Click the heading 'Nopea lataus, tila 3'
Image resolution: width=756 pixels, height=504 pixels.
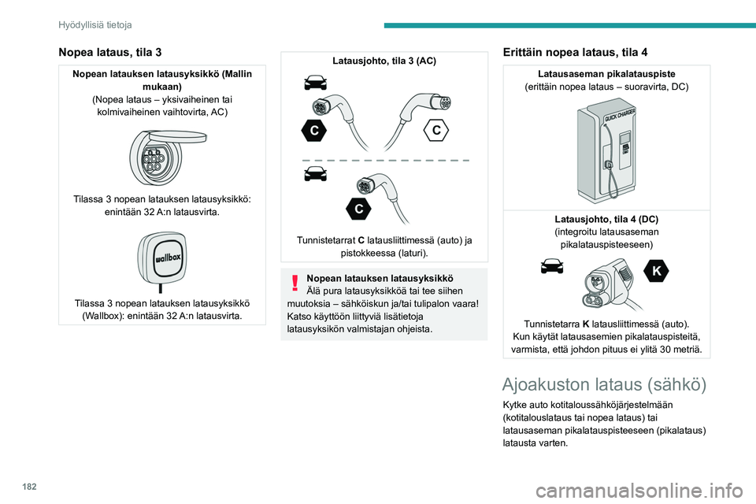coord(110,52)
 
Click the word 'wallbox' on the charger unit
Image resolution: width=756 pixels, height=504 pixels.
coord(161,257)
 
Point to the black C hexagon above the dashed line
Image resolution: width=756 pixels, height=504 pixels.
coord(313,131)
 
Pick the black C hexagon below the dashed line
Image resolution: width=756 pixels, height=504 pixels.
coord(358,209)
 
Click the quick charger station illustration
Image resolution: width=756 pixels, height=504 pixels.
coord(607,154)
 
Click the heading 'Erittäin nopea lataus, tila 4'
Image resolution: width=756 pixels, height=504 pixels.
coord(575,52)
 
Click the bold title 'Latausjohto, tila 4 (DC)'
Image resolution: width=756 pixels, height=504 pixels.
coord(606,218)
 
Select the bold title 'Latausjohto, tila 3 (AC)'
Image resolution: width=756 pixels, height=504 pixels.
coord(384,61)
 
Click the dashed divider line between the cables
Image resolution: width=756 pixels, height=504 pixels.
coord(385,160)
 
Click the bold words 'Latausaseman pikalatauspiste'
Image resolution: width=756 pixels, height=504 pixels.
coord(606,73)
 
